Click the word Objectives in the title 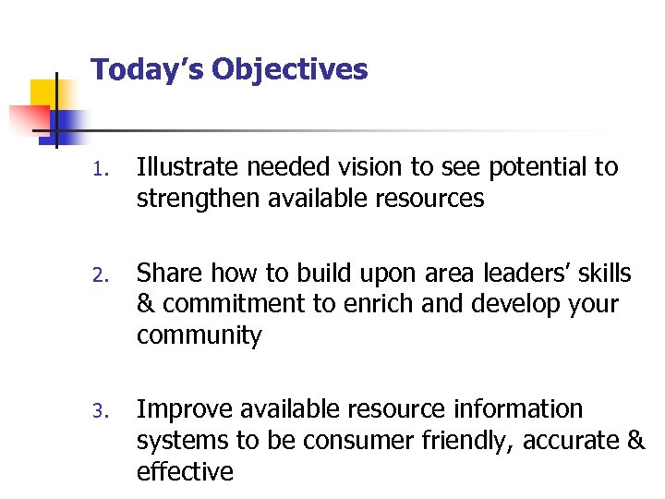point(292,70)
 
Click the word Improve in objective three point(181,409)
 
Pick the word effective point(185,471)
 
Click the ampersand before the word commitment point(145,305)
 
